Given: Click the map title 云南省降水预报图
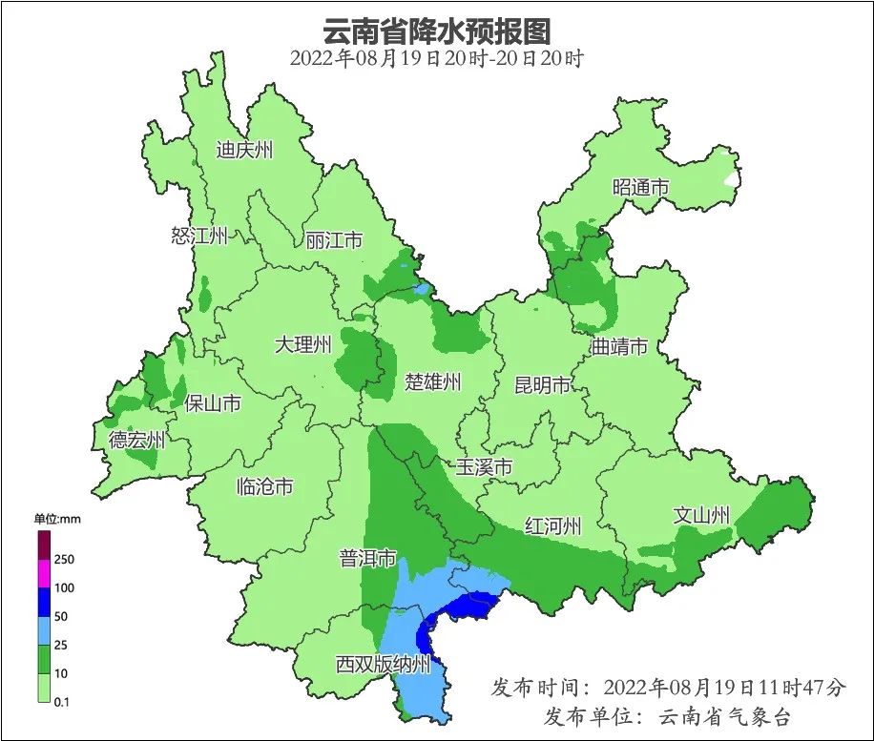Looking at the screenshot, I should pos(436,29).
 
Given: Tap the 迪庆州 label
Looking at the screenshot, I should pos(244,150).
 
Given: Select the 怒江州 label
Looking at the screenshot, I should pos(199,236).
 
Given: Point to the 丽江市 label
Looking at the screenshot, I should pos(334,240).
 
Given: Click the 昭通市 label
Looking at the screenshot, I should pos(640,188).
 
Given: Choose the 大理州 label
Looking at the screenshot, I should pos(302,344).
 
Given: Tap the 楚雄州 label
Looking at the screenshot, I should pos(432,382).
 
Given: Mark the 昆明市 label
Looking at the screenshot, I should pos(542,384).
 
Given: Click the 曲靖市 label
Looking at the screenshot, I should pos(619,346).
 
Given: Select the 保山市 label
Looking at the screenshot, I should pos(212,403).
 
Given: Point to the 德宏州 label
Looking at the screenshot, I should pos(136,440).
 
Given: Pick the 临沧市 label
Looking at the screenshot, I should pos(264,487).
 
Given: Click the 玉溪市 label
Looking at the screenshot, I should pos(483,467).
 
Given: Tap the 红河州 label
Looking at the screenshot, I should pos(553,526).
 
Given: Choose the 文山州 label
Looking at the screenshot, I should pos(701,515).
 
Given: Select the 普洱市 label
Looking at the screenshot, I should pos(367,559).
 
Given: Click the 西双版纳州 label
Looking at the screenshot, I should pos(384,665).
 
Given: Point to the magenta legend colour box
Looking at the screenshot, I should pos(44,573).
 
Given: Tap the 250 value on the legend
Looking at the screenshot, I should pos(64,559).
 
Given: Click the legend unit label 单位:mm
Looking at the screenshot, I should pos(54,519).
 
